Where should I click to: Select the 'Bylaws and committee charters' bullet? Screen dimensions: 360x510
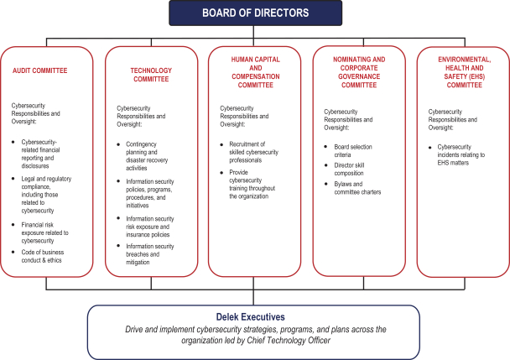click(352, 188)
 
